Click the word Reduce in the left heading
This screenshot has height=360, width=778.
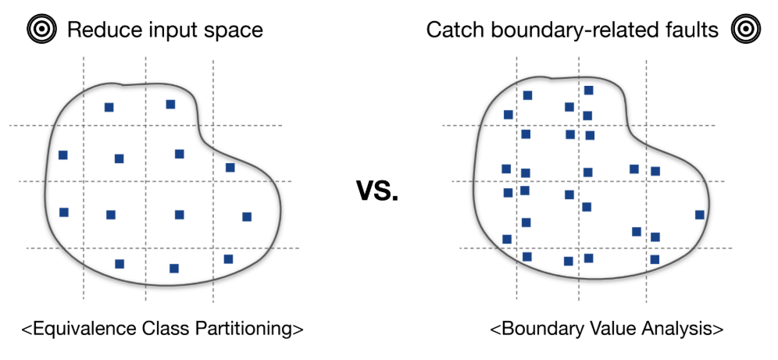[x=98, y=30]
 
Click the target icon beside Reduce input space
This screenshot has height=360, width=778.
[x=40, y=30]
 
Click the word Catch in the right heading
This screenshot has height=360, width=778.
[x=452, y=30]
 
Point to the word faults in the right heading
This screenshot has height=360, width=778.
[x=691, y=30]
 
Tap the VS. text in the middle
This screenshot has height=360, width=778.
[x=377, y=190]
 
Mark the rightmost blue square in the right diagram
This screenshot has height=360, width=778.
[x=700, y=215]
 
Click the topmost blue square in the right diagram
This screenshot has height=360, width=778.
[x=588, y=91]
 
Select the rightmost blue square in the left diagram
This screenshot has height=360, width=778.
[x=247, y=216]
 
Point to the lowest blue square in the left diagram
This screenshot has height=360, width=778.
[x=174, y=269]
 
